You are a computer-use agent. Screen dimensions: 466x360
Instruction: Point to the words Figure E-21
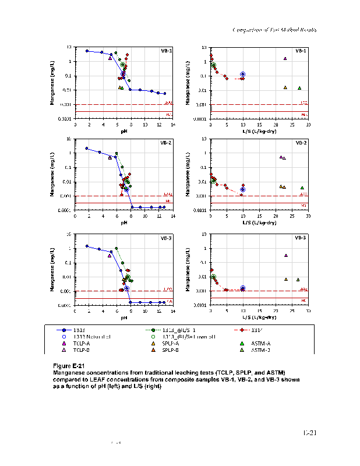[69, 365]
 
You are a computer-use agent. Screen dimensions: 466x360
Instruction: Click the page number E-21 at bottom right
[309, 433]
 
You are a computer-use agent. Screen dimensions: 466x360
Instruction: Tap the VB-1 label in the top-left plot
[166, 51]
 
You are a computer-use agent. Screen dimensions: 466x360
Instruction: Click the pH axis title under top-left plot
[124, 131]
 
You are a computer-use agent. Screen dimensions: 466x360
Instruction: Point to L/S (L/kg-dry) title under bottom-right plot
[259, 318]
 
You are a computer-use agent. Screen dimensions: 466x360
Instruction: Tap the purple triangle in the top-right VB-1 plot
[285, 58]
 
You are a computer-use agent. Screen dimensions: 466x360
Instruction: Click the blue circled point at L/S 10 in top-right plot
[243, 75]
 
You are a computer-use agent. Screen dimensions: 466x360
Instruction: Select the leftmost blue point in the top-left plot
[87, 51]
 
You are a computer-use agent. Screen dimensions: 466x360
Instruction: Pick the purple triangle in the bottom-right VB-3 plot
[285, 255]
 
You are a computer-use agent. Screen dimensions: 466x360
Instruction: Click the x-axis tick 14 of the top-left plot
[173, 125]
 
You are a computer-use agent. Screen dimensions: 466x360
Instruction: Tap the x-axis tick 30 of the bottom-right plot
[308, 312]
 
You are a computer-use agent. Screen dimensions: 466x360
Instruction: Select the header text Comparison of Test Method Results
[274, 30]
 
